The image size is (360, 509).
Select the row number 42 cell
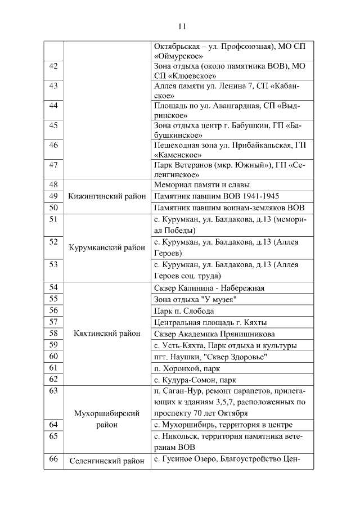tap(54, 66)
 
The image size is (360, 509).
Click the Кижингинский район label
tap(107, 196)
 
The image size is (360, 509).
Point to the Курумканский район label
tap(107, 247)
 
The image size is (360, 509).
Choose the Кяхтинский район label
tap(107, 334)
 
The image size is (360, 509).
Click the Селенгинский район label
tap(107, 461)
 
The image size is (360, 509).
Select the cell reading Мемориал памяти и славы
tap(202, 184)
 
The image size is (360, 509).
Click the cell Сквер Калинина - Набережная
tap(209, 288)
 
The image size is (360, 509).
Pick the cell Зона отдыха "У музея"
tap(195, 299)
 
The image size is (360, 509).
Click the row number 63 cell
tap(54, 390)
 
